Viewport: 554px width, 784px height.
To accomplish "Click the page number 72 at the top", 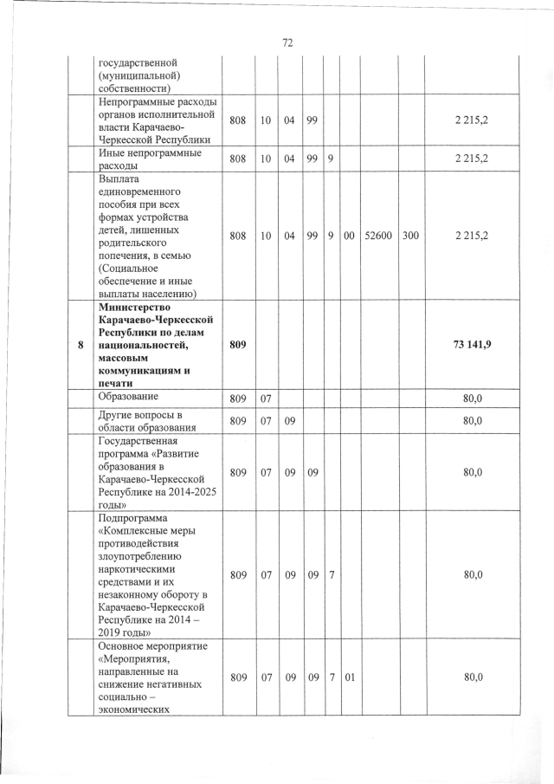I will [x=288, y=42].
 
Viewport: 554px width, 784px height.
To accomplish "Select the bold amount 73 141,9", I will [x=472, y=345].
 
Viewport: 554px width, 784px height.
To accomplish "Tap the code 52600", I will [x=378, y=235].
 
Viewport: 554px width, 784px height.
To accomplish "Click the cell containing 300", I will [x=410, y=235].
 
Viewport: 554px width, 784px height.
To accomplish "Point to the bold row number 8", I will [x=81, y=345].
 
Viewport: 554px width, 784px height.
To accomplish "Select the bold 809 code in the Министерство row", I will [x=237, y=345].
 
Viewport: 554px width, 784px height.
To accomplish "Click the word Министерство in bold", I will [x=135, y=308].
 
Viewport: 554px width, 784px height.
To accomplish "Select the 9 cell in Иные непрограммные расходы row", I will [x=331, y=159].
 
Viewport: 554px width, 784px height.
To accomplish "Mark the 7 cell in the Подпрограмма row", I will [x=331, y=573].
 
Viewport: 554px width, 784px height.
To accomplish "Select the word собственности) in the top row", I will [x=135, y=87].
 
